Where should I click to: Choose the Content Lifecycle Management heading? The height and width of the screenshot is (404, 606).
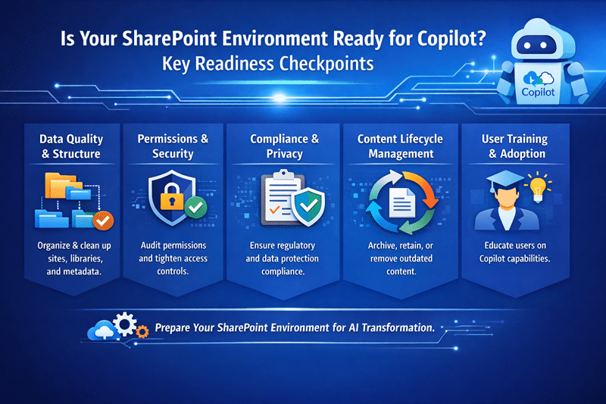401,146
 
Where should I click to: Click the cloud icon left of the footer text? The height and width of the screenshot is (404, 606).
103,330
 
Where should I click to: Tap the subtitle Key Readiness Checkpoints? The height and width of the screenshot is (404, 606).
267,64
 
